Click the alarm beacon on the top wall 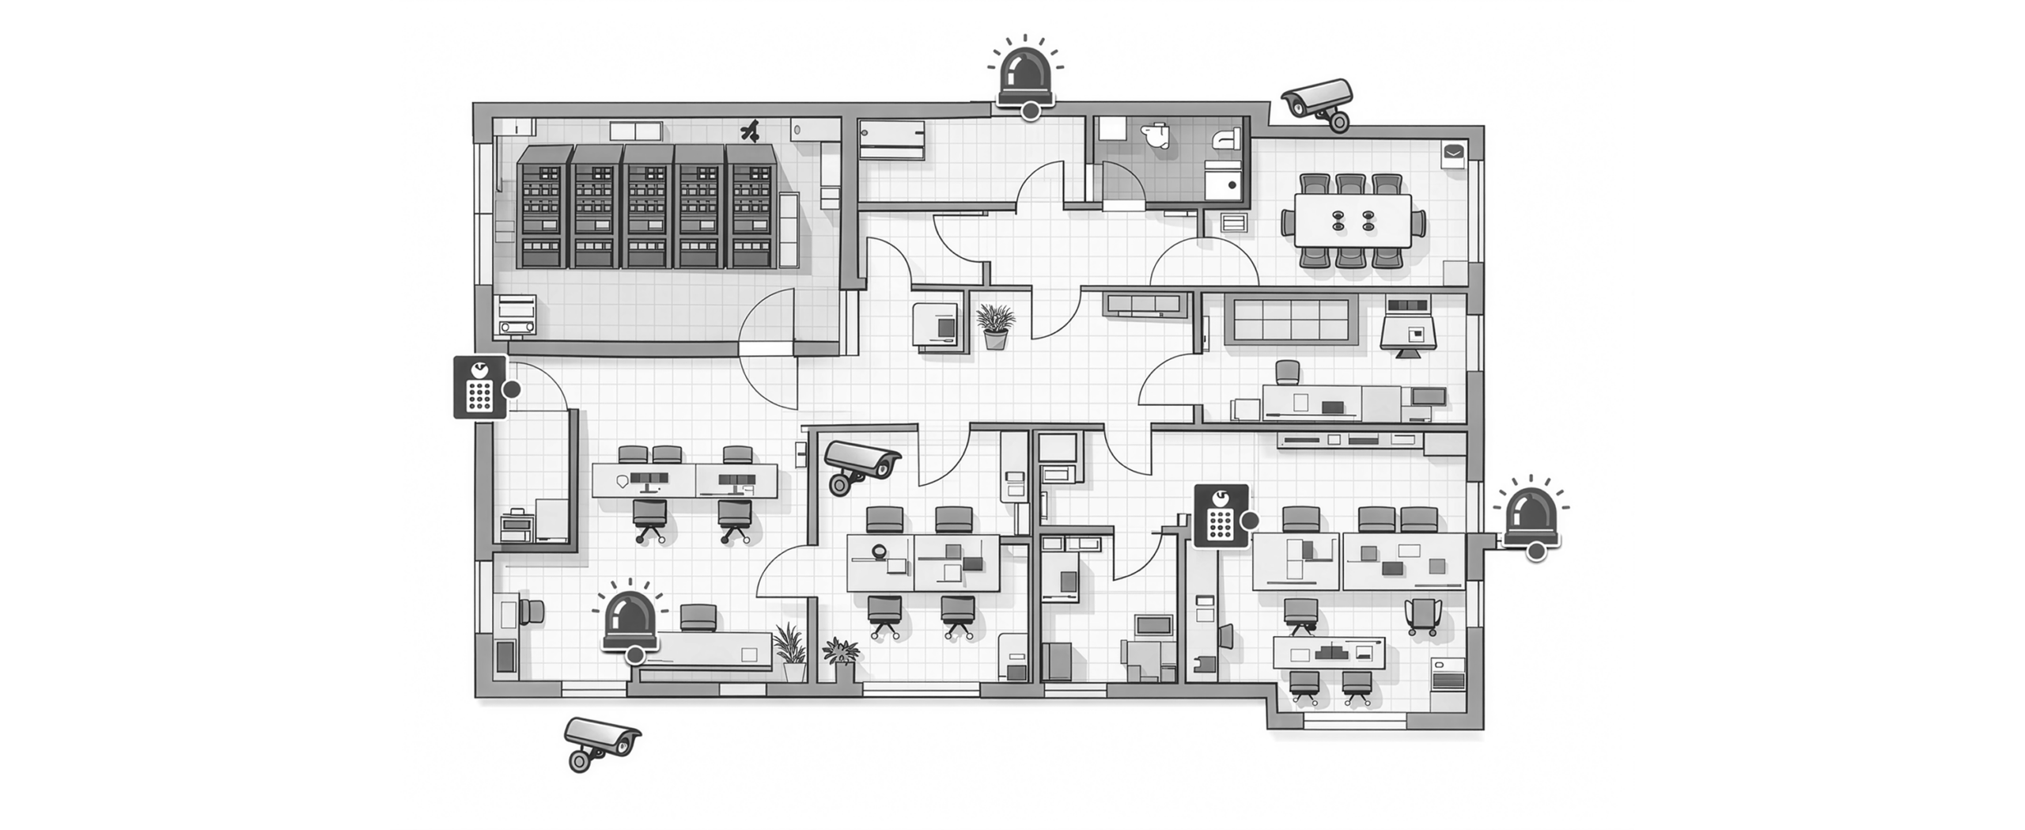(1025, 79)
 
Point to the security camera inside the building (861, 465)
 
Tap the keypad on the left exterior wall (479, 386)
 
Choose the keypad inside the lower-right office (1221, 515)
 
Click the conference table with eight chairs (1352, 221)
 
